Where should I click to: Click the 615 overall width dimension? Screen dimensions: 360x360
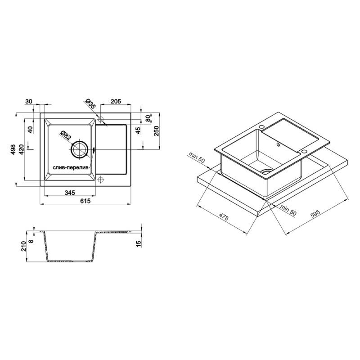pyautogui.click(x=85, y=201)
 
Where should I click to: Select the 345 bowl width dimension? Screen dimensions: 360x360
pyautogui.click(x=70, y=193)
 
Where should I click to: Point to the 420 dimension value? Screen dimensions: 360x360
pyautogui.click(x=21, y=149)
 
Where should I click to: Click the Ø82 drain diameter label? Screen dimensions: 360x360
pyautogui.click(x=66, y=136)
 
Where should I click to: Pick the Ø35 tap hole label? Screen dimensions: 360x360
pyautogui.click(x=90, y=103)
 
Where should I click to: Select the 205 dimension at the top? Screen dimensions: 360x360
pyautogui.click(x=116, y=101)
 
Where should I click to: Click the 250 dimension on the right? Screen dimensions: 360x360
pyautogui.click(x=156, y=131)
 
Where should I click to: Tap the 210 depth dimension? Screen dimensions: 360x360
pyautogui.click(x=24, y=246)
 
